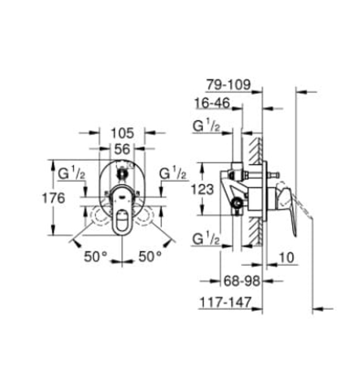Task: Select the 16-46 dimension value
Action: [214, 103]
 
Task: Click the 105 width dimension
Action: [122, 133]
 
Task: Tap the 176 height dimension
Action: [54, 198]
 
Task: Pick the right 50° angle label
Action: [150, 256]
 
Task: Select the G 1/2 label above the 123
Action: [206, 127]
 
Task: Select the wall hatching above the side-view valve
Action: [256, 148]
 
